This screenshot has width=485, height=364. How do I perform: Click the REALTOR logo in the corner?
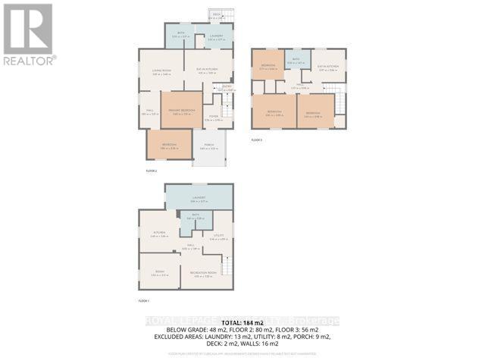click(x=28, y=33)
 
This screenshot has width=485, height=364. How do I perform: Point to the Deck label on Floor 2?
click(x=216, y=14)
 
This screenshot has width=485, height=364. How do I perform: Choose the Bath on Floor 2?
click(x=180, y=34)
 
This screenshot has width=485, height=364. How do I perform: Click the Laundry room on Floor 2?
click(x=215, y=35)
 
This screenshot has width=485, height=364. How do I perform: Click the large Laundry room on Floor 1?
click(x=199, y=199)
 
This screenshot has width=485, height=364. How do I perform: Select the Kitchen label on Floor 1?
click(x=158, y=234)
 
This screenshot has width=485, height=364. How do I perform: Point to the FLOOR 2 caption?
click(x=151, y=172)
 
